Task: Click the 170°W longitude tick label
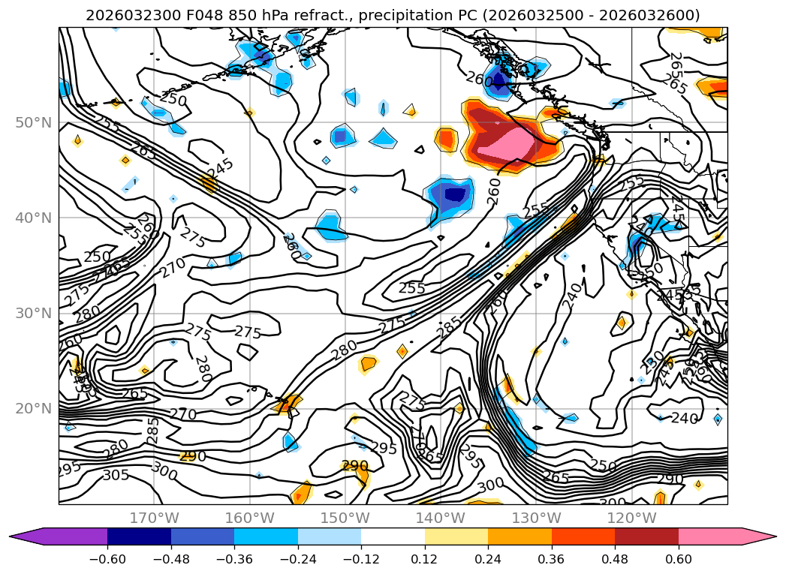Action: (154, 518)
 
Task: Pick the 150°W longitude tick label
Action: (345, 518)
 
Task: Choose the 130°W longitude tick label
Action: (535, 518)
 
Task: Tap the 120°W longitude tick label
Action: (631, 518)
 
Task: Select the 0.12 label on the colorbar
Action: (425, 559)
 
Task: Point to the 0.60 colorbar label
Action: (679, 559)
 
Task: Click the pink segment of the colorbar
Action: (717, 536)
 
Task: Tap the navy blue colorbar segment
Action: (139, 536)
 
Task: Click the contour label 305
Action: (116, 474)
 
